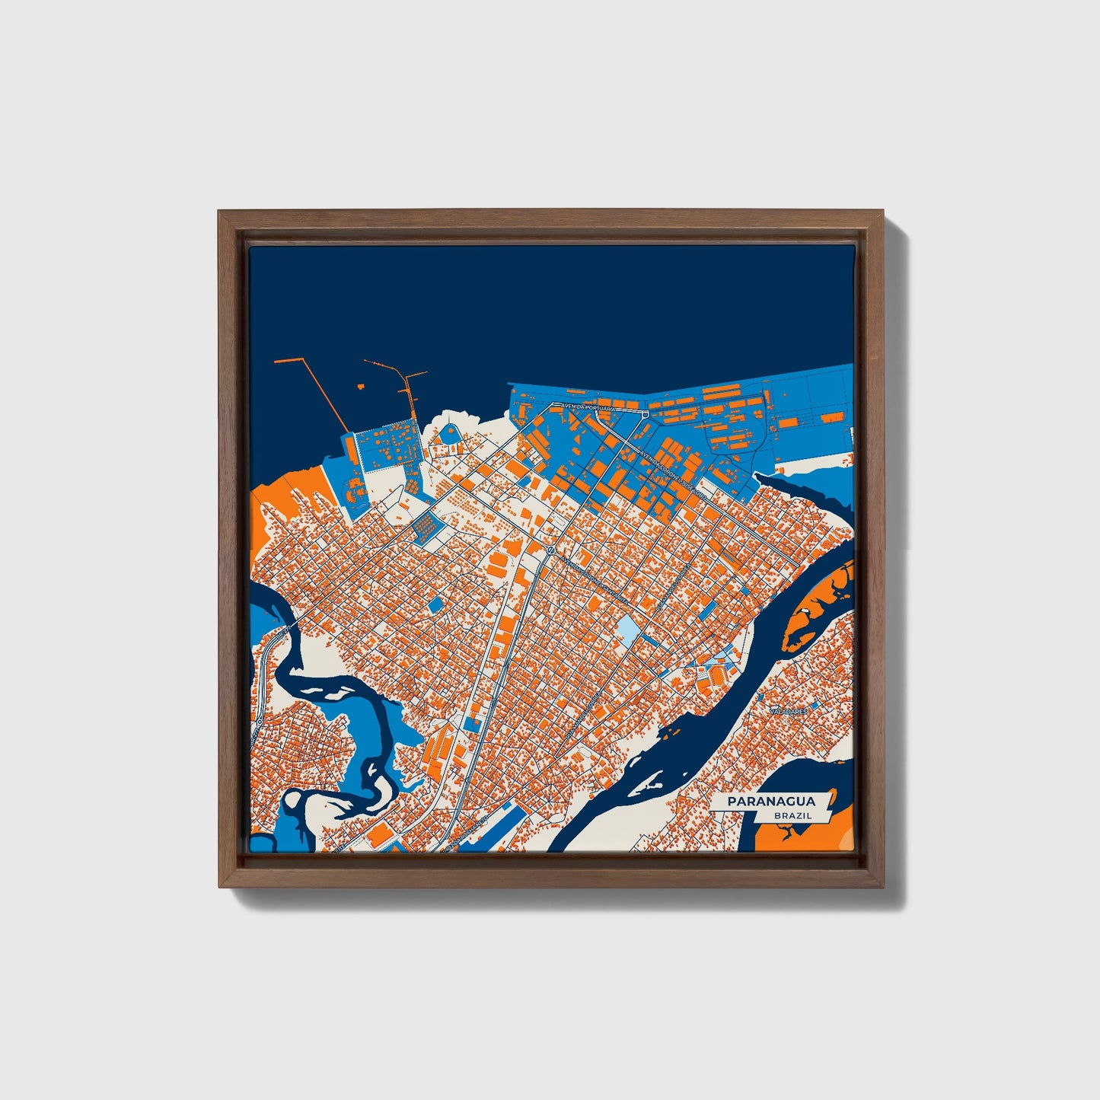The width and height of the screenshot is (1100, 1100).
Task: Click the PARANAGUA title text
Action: (770, 801)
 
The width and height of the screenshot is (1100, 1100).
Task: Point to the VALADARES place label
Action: (787, 710)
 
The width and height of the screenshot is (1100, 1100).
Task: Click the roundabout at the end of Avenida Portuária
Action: (646, 414)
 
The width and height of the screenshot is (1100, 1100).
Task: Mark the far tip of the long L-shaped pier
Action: (276, 360)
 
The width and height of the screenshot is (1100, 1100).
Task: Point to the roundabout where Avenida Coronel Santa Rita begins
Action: (548, 549)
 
